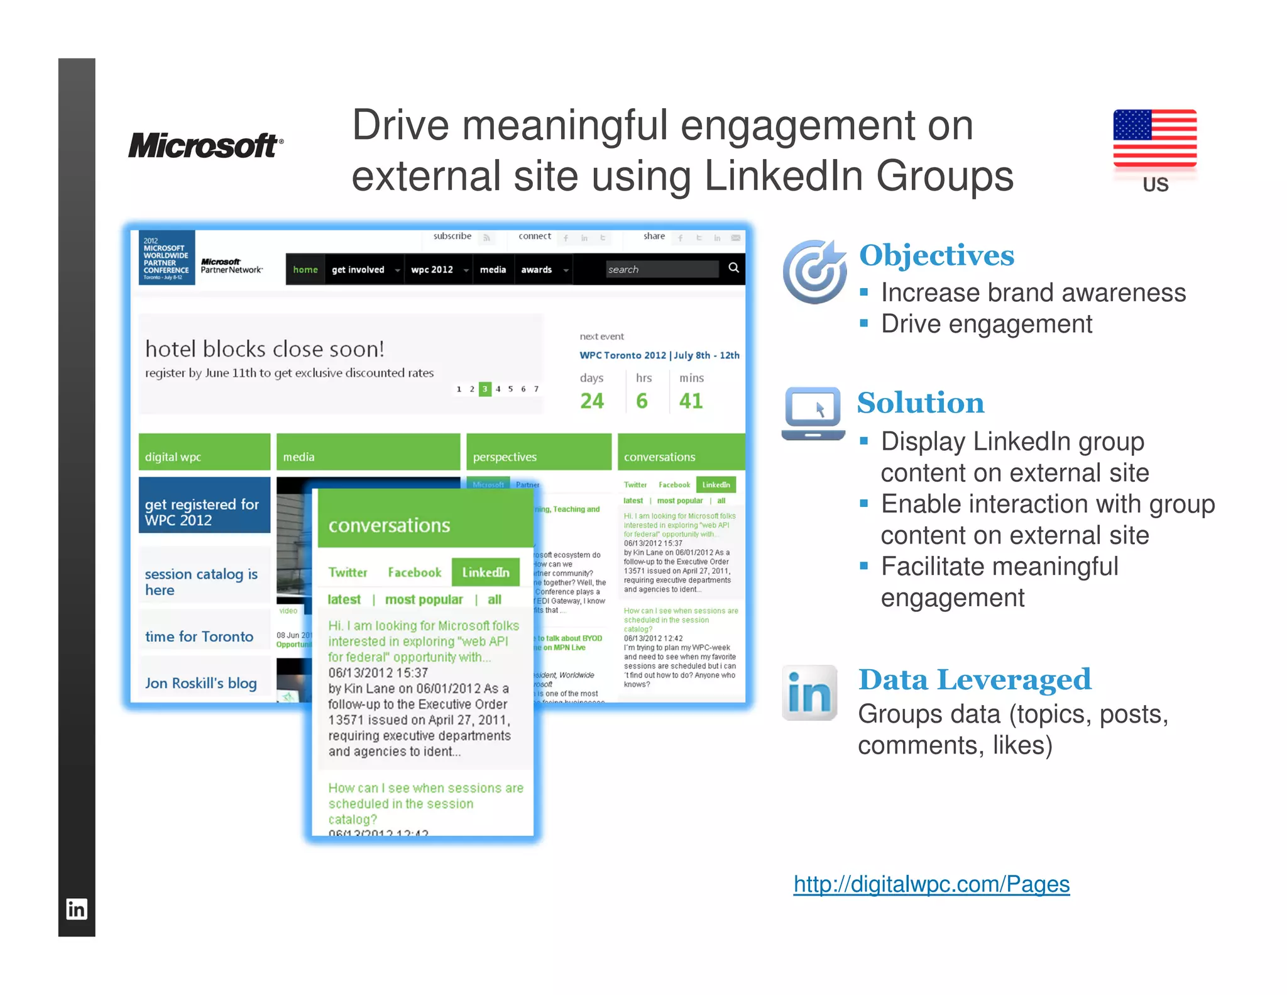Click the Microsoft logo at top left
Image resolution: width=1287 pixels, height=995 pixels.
(205, 145)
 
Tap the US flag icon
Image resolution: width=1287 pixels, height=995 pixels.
(1154, 138)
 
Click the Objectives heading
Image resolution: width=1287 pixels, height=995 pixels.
(936, 255)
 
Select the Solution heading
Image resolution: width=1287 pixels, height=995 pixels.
(921, 403)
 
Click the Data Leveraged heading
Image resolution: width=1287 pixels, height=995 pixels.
(975, 679)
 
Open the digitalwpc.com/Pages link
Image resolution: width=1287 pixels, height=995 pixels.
(931, 884)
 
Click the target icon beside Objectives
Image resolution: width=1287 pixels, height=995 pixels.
(814, 271)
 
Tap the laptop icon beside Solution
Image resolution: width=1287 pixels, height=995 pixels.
(813, 413)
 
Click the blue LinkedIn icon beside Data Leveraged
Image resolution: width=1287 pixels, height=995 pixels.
(809, 692)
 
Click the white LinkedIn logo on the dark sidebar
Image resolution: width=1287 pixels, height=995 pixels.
(77, 909)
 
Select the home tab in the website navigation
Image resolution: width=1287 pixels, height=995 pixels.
(305, 269)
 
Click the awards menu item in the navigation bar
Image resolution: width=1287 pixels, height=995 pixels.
(537, 269)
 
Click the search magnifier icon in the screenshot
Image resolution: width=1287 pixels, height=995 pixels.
(733, 268)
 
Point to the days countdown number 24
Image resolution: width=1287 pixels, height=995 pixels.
(592, 401)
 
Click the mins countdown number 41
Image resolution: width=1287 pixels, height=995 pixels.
(691, 401)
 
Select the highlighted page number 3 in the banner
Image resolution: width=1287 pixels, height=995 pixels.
(485, 389)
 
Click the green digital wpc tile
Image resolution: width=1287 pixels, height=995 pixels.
(204, 452)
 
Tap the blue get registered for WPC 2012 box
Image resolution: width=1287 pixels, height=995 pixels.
(204, 505)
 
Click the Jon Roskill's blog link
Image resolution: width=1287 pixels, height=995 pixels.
(201, 683)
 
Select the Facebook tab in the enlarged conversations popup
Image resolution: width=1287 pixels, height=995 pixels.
(415, 572)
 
